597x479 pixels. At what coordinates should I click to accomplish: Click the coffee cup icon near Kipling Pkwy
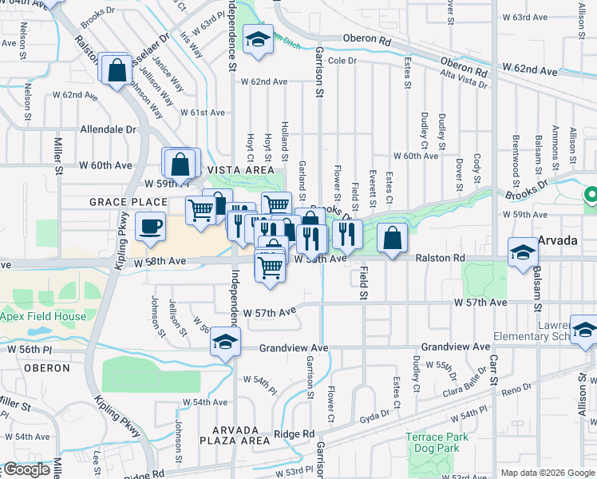[x=150, y=226]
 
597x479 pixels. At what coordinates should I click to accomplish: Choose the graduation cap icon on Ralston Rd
[x=523, y=251]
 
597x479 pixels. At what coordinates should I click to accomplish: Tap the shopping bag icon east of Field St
[x=392, y=238]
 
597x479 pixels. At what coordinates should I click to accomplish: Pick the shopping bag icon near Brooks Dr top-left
[x=117, y=69]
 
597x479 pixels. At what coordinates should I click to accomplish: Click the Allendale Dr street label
[x=109, y=129]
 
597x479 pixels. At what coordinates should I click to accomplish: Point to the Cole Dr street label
[x=341, y=61]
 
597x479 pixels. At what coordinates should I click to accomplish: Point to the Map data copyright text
[x=546, y=473]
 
